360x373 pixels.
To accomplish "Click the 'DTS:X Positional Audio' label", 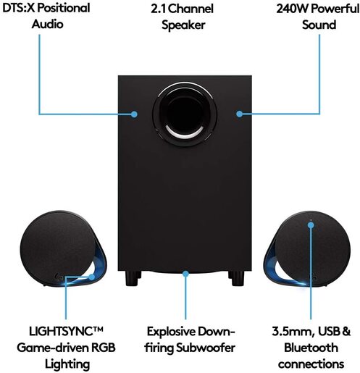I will [x=51, y=16].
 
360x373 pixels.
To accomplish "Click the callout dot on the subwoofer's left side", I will [x=135, y=114].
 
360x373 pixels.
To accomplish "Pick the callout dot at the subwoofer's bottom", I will [x=187, y=274].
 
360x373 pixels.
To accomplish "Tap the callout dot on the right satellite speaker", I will [x=311, y=225].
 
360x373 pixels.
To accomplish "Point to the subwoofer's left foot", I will [x=132, y=278].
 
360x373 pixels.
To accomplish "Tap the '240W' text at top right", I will [x=293, y=9].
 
